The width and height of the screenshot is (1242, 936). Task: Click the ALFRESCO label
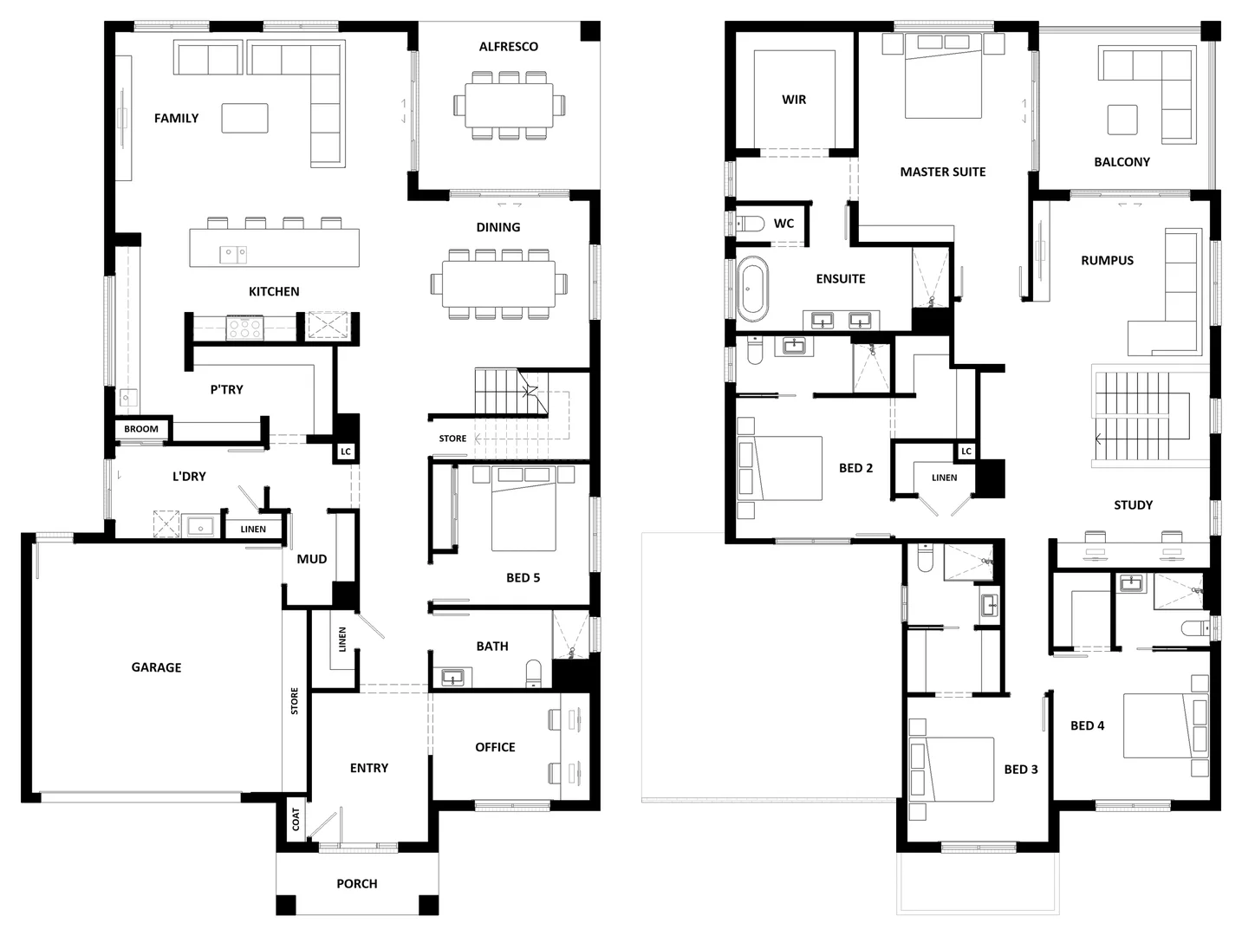pyautogui.click(x=508, y=47)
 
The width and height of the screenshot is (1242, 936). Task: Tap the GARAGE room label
pyautogui.click(x=156, y=667)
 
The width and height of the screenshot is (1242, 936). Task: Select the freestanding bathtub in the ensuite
pyautogui.click(x=751, y=290)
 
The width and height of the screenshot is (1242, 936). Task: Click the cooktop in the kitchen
pyautogui.click(x=244, y=328)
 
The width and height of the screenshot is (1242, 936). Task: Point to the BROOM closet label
pyautogui.click(x=141, y=429)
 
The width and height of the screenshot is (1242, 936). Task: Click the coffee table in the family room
pyautogui.click(x=244, y=118)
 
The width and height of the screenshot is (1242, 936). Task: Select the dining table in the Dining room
pyautogui.click(x=498, y=283)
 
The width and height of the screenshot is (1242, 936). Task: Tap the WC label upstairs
pyautogui.click(x=784, y=224)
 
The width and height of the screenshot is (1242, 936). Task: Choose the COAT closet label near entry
pyautogui.click(x=296, y=819)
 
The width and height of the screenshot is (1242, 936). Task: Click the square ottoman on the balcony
pyautogui.click(x=1122, y=120)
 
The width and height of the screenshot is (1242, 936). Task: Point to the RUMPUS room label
pyautogui.click(x=1107, y=260)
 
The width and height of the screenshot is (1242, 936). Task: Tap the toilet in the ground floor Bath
pyautogui.click(x=533, y=673)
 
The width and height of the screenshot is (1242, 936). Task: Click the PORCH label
pyautogui.click(x=357, y=884)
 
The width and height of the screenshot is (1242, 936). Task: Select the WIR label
pyautogui.click(x=794, y=100)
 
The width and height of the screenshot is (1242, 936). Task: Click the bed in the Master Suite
pyautogui.click(x=943, y=78)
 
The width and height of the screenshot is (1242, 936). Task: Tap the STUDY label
pyautogui.click(x=1133, y=504)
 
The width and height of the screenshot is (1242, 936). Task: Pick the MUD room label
pyautogui.click(x=312, y=559)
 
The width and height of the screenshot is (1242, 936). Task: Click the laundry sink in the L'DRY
pyautogui.click(x=201, y=526)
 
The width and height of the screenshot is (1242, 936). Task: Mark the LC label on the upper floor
pyautogui.click(x=966, y=452)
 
